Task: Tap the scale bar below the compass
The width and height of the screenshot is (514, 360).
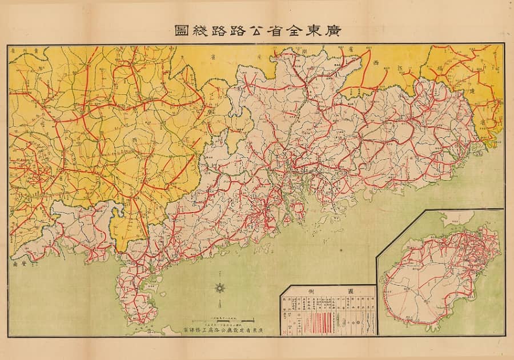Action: click(x=220, y=317)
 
